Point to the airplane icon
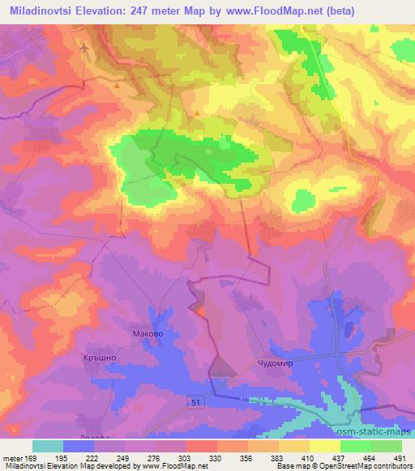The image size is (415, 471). click(83, 49)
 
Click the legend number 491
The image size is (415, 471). click(399, 457)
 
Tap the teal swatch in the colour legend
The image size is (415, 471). click(47, 446)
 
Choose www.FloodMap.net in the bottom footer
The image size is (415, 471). click(173, 466)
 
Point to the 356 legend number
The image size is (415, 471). click(246, 457)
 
